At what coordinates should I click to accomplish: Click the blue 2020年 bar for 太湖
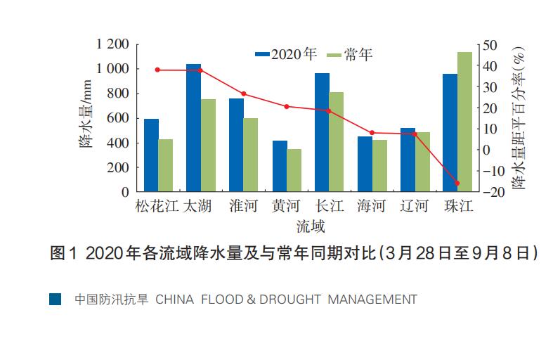tap(193, 127)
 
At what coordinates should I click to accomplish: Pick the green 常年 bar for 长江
tap(337, 141)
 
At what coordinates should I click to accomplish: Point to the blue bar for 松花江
tap(151, 155)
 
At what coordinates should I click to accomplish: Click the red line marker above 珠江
tap(457, 184)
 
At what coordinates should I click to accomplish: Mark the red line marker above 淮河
tap(243, 94)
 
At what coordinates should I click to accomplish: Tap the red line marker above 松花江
tap(157, 70)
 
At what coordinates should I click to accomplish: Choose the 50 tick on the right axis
tap(490, 45)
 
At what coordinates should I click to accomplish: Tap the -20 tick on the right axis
tap(493, 191)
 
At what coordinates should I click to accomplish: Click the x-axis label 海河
tap(372, 207)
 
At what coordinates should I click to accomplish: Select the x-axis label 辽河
tap(415, 207)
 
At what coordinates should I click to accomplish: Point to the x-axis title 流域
tap(310, 226)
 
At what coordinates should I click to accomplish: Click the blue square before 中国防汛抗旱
tap(55, 300)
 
